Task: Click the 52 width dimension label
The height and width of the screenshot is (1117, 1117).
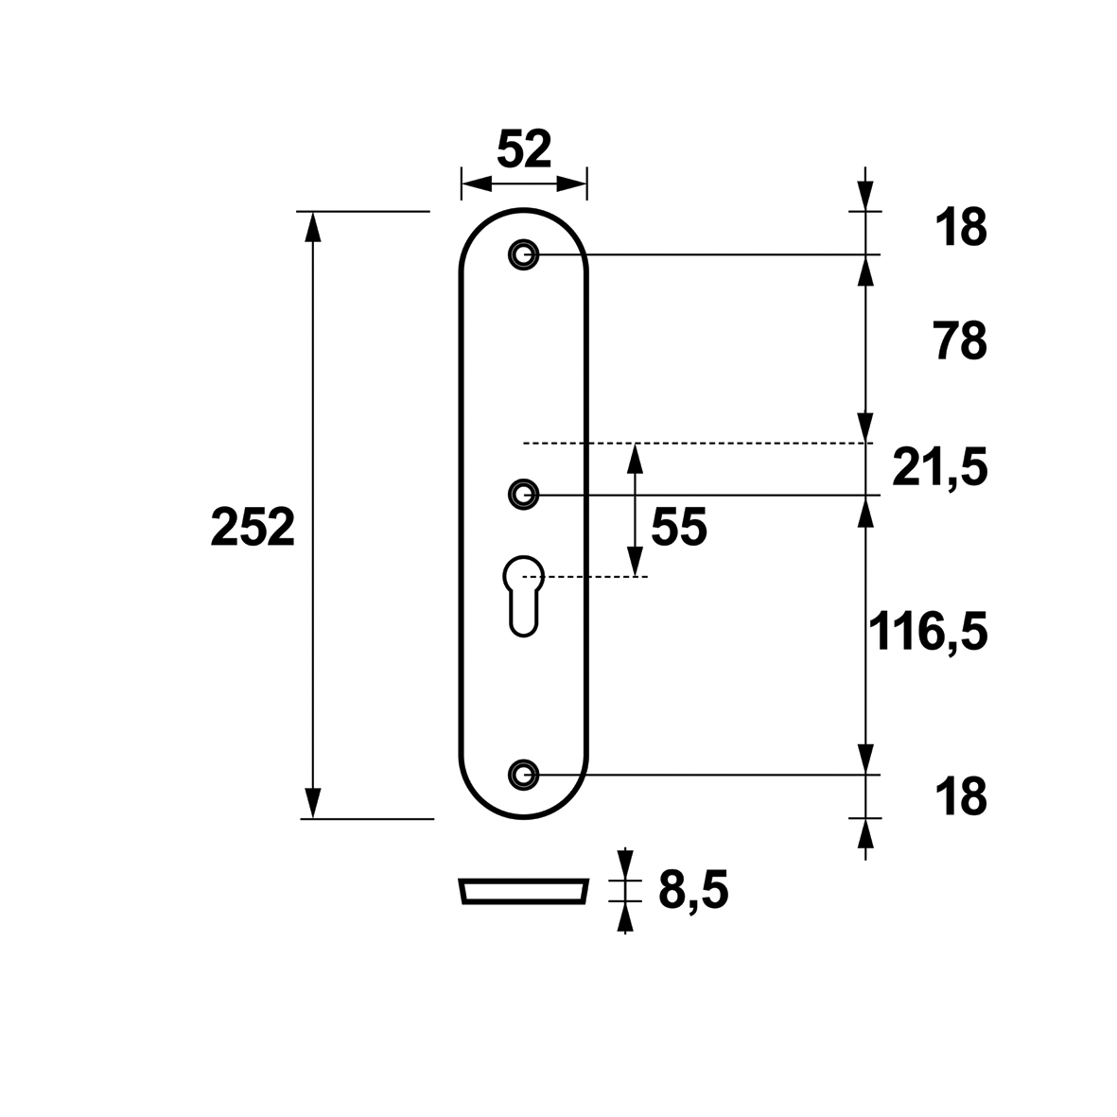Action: tap(524, 149)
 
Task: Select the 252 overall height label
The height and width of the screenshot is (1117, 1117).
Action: tap(253, 528)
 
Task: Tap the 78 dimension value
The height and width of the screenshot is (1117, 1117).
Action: tap(960, 341)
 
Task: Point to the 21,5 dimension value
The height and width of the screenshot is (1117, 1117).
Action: tap(940, 468)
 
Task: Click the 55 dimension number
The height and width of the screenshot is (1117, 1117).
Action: tap(679, 527)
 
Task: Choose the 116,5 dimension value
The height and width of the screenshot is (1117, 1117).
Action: tap(928, 632)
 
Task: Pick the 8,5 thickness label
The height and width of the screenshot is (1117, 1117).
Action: tap(693, 890)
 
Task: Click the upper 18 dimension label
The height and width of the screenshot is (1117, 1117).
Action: tap(961, 228)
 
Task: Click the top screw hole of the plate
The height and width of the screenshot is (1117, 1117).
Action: tap(524, 254)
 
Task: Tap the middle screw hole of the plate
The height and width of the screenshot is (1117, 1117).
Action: tap(524, 495)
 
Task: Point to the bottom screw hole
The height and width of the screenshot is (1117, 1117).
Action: tap(524, 775)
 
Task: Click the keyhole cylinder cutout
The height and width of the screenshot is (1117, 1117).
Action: tap(524, 596)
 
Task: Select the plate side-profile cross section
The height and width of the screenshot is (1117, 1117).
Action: tap(524, 891)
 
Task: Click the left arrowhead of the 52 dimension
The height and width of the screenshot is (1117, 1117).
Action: tap(477, 183)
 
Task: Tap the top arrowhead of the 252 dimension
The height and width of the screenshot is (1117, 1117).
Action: tap(312, 227)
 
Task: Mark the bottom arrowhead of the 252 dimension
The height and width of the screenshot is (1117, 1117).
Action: tap(312, 804)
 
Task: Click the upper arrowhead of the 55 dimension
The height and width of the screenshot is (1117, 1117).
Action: tap(635, 459)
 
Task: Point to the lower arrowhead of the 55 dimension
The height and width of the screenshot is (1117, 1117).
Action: tap(635, 561)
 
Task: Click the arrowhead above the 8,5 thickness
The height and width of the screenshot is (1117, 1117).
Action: tap(625, 864)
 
